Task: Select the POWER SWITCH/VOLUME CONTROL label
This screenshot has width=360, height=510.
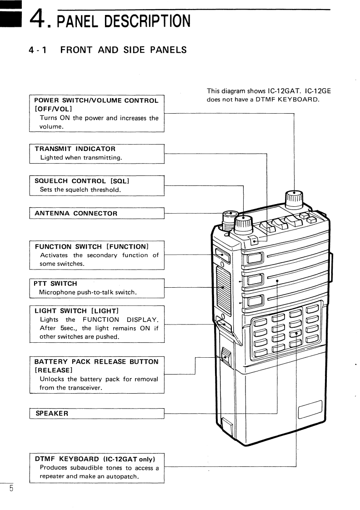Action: tap(96, 100)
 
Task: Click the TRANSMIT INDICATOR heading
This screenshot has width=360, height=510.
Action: tap(75, 149)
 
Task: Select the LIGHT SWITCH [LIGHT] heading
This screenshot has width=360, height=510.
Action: tap(77, 311)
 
